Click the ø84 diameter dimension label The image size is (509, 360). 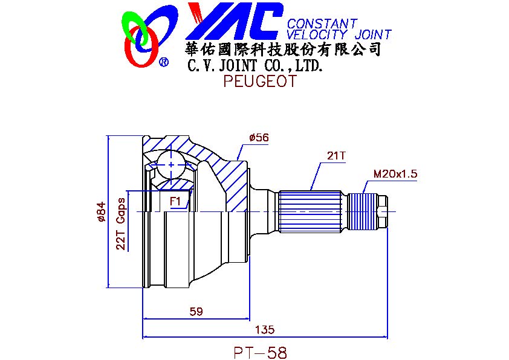102,212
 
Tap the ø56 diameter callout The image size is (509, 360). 259,138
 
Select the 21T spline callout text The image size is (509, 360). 337,156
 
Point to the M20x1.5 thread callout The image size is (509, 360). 395,174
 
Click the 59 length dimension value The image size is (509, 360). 196,312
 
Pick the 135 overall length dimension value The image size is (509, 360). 265,330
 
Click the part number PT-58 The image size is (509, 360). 261,352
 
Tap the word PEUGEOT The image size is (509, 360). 260,81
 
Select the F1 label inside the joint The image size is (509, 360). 175,201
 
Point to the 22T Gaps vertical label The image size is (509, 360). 121,223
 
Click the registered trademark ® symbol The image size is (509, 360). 164,62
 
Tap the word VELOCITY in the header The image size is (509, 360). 317,34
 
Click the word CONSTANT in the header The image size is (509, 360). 322,24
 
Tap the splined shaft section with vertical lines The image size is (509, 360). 310,212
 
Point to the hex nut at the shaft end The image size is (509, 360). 383,212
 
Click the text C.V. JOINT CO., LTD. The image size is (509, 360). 255,66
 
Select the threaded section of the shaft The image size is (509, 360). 362,212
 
